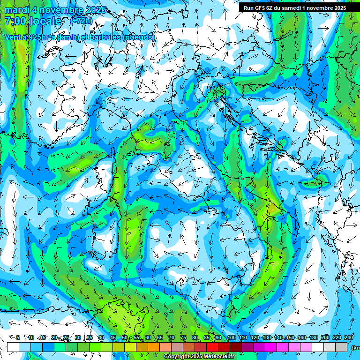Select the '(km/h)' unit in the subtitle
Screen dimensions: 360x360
tap(68, 37)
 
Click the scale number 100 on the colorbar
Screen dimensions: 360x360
tap(232, 337)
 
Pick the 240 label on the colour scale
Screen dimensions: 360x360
tap(349, 337)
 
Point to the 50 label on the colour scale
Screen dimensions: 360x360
tap(125, 337)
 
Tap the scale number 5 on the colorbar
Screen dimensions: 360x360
tap(18, 337)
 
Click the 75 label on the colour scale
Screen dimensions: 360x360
tap(183, 337)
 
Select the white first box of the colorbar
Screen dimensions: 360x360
tap(13, 347)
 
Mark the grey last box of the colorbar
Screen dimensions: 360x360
tap(341, 347)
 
